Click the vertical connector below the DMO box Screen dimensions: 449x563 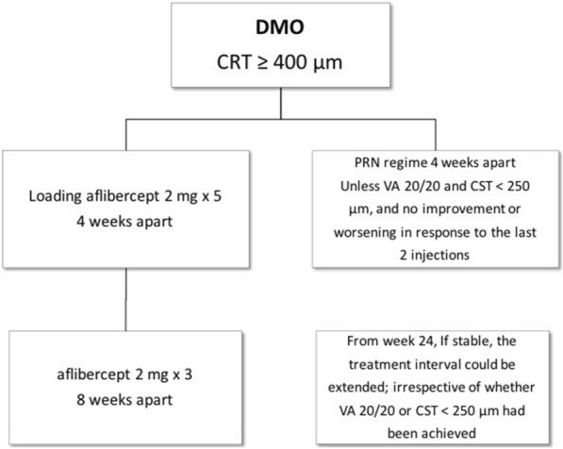[x=279, y=106]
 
